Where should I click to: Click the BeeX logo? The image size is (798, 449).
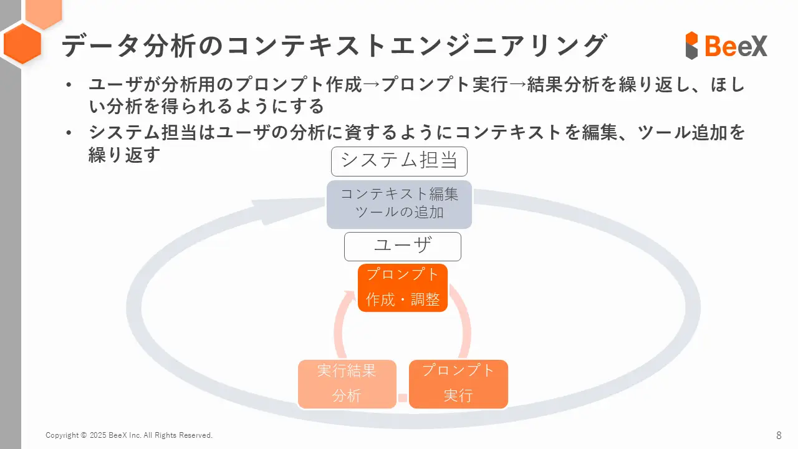tap(726, 46)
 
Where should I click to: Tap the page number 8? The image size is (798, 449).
tap(779, 435)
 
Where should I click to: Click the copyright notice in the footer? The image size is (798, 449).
tap(129, 435)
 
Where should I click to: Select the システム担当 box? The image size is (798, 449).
tap(399, 161)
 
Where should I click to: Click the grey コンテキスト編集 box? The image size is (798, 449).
tap(399, 204)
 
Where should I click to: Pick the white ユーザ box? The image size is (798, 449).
tap(403, 246)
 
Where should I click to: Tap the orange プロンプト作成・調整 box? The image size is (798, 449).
tap(403, 287)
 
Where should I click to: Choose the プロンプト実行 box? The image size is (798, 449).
tap(458, 384)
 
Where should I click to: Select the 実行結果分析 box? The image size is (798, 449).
tap(347, 384)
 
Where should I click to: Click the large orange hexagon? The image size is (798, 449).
tap(22, 44)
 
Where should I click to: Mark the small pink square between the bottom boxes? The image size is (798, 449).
tap(403, 398)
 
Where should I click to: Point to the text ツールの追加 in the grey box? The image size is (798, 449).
tap(399, 213)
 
